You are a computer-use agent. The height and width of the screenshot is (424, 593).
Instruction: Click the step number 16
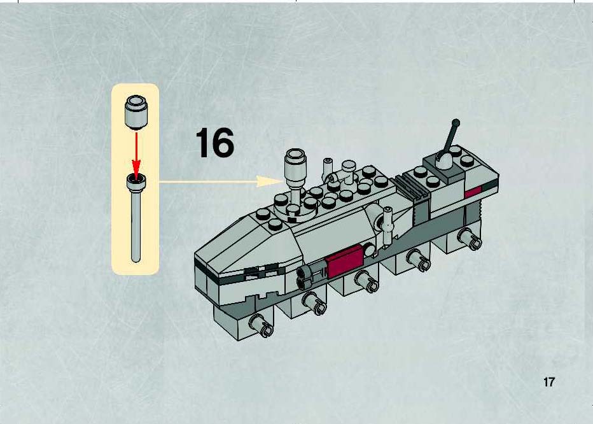click(x=215, y=143)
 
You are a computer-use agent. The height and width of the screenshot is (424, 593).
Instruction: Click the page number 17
click(x=548, y=382)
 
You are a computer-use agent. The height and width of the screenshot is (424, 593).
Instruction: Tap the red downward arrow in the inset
click(x=136, y=153)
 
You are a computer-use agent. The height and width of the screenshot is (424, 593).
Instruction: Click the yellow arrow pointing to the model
click(x=221, y=181)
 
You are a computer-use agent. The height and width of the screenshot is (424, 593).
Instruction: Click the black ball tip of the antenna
click(x=456, y=123)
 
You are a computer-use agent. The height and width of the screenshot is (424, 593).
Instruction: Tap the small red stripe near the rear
click(x=473, y=192)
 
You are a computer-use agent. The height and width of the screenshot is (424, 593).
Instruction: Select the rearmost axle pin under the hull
click(x=470, y=239)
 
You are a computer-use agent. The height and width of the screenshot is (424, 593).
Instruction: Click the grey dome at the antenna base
click(x=444, y=160)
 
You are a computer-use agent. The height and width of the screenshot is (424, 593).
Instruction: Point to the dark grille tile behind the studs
click(x=412, y=187)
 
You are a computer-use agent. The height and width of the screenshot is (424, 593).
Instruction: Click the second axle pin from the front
click(x=314, y=304)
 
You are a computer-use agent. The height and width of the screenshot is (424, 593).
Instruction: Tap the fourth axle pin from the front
click(x=418, y=259)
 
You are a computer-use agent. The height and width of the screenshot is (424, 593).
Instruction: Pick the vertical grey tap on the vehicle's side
click(x=387, y=225)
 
